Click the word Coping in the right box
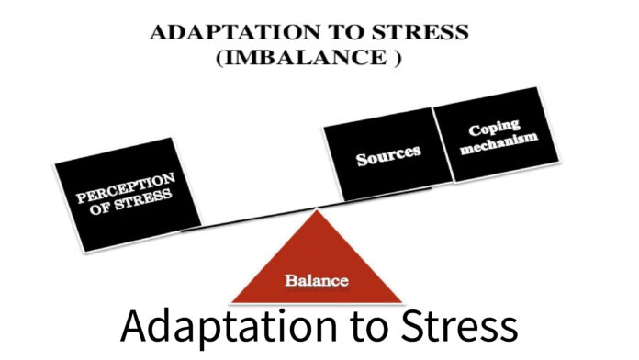(499, 129)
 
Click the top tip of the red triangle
(317, 210)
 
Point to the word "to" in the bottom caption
(362, 330)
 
